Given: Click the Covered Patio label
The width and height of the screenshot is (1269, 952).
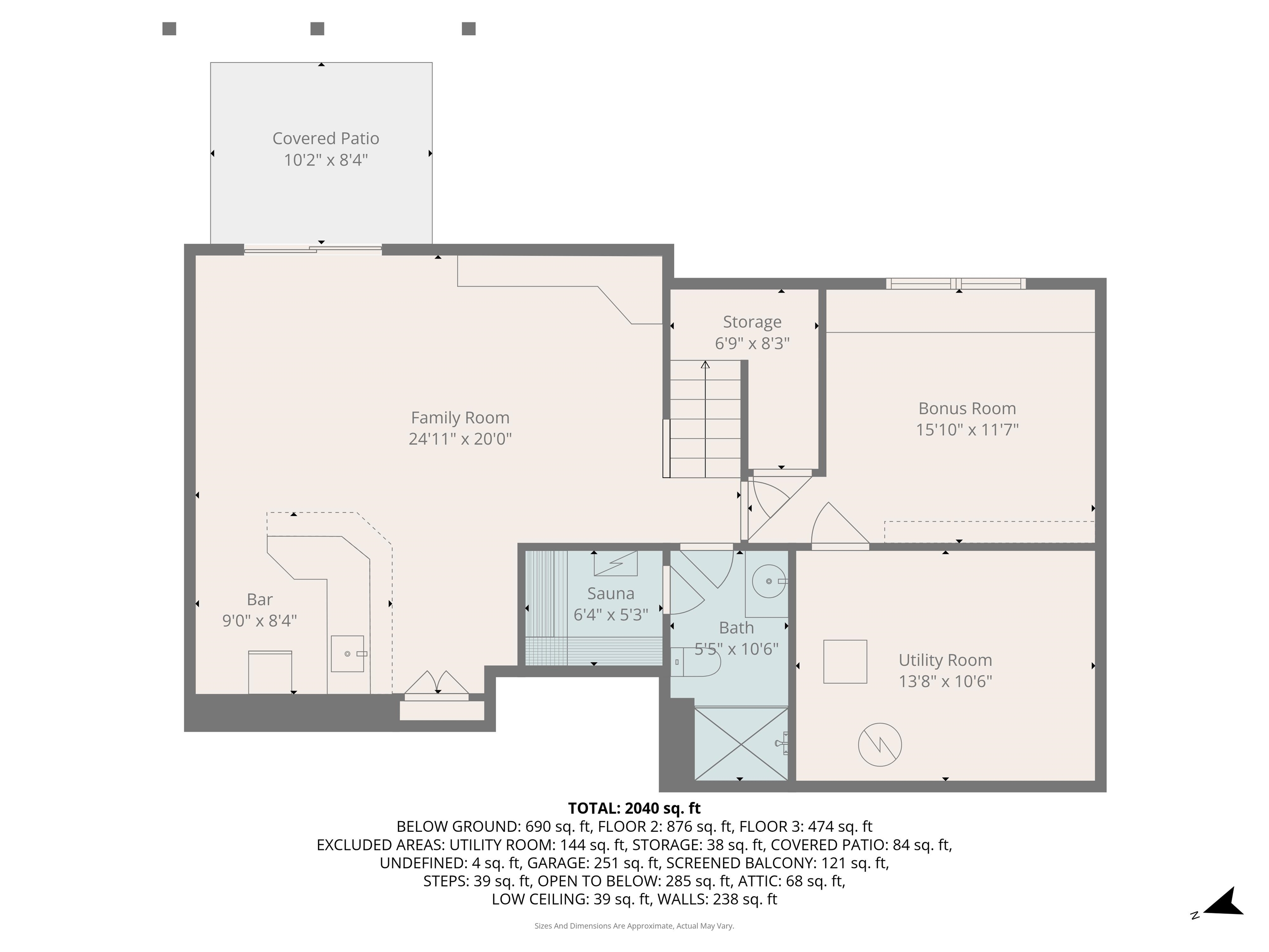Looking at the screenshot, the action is pyautogui.click(x=325, y=138).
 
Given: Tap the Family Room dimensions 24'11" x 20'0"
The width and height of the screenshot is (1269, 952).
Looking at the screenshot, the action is pyautogui.click(x=460, y=439).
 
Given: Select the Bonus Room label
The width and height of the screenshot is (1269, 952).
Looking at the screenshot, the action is pyautogui.click(x=967, y=409).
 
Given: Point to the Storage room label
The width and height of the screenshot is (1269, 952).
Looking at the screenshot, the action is pyautogui.click(x=752, y=322).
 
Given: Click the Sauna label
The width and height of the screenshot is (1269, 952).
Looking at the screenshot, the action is pyautogui.click(x=611, y=593).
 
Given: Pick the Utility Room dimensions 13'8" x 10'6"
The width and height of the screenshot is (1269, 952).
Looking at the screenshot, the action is pyautogui.click(x=946, y=681).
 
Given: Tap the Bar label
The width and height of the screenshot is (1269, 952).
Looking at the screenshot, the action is pyautogui.click(x=260, y=600).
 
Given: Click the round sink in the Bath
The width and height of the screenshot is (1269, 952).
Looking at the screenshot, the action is pyautogui.click(x=769, y=581).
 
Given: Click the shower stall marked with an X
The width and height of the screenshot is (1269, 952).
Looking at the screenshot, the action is pyautogui.click(x=741, y=744).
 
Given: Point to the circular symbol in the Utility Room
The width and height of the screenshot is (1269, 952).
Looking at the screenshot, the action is pyautogui.click(x=879, y=745).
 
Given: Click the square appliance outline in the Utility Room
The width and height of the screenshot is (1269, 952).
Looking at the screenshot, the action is pyautogui.click(x=845, y=662).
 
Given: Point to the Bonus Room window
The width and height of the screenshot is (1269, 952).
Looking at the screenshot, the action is pyautogui.click(x=956, y=283).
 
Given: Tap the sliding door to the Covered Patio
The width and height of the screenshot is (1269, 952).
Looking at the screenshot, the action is pyautogui.click(x=313, y=249).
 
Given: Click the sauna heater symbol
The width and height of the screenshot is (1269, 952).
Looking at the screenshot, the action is pyautogui.click(x=615, y=564).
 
